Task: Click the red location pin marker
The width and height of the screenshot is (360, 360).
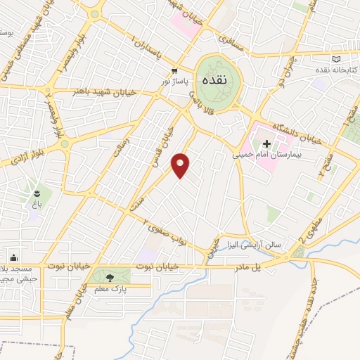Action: (181, 165)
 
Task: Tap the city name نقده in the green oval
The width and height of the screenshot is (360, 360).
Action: (213, 79)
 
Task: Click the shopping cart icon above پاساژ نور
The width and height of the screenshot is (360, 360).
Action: (174, 71)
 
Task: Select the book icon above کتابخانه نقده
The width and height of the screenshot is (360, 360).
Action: (335, 58)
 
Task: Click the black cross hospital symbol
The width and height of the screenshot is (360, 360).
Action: (266, 143)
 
